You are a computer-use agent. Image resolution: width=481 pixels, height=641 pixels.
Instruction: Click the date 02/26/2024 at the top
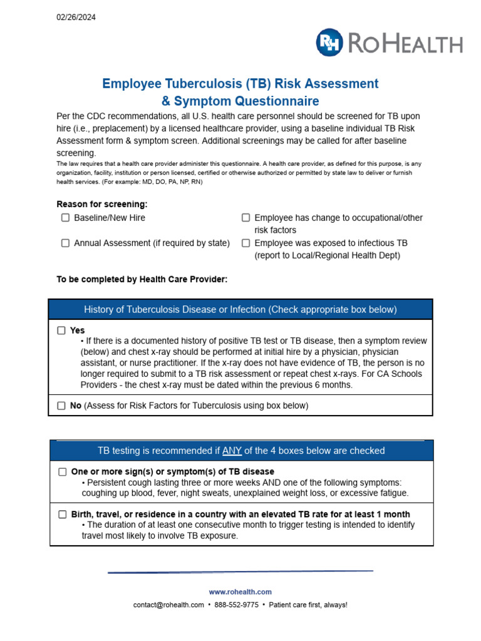[76, 18]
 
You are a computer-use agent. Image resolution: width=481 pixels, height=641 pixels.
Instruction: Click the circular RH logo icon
[329, 43]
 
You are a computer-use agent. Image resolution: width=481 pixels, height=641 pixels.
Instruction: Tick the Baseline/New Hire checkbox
[65, 218]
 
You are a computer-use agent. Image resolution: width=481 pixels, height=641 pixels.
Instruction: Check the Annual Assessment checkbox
[65, 243]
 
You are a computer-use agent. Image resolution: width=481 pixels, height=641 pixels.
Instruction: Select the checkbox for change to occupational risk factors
[246, 218]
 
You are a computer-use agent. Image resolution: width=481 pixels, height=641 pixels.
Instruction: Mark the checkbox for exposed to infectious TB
[246, 243]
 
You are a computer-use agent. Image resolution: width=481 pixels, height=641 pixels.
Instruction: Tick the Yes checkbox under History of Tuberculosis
[61, 331]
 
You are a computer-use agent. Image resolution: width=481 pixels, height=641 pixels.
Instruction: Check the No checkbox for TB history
[61, 406]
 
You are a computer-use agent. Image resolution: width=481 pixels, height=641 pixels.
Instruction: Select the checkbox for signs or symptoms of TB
[63, 471]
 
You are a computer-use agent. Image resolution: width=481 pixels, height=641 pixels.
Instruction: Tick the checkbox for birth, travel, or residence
[63, 515]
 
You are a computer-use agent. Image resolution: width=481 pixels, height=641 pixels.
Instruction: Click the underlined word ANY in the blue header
[232, 451]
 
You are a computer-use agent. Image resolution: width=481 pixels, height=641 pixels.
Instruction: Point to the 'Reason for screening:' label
[102, 204]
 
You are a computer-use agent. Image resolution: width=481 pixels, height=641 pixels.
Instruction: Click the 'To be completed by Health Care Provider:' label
[142, 279]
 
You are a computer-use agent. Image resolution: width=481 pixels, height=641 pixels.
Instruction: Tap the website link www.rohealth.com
[240, 592]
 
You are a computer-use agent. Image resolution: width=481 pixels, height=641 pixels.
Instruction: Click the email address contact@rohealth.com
[168, 605]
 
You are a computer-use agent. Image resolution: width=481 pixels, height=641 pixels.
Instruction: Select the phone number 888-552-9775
[236, 605]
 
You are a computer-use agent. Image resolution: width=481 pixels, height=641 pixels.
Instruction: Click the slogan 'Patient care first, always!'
[308, 605]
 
